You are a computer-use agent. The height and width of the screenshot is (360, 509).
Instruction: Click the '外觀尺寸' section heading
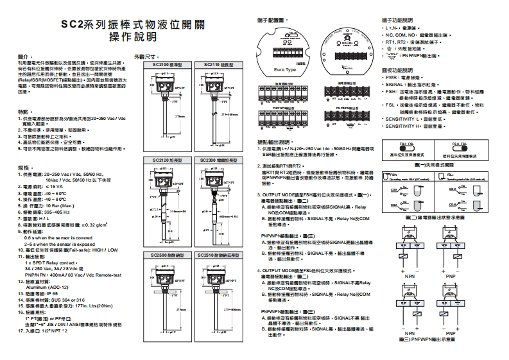pyautogui.click(x=144, y=57)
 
